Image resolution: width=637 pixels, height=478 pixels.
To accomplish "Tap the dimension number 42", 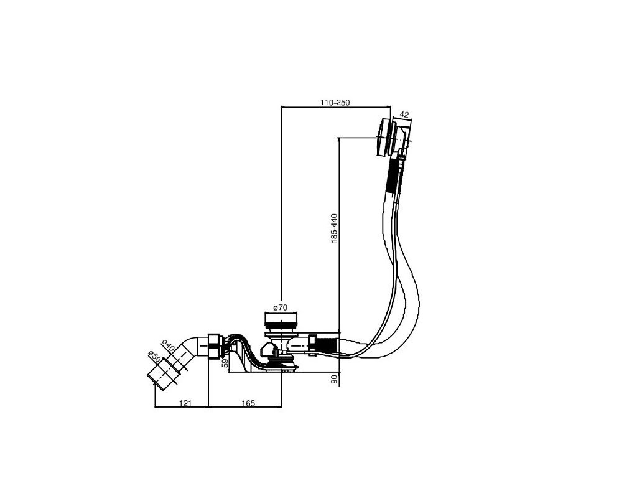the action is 404,115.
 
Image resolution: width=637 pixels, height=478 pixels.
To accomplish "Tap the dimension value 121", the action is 185,404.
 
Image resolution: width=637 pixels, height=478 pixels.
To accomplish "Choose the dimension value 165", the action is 248,404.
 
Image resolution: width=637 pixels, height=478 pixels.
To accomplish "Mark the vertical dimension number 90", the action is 334,379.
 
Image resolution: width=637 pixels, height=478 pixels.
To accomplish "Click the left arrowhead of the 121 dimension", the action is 155,408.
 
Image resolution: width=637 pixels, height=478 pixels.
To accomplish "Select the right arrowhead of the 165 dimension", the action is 281,408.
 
